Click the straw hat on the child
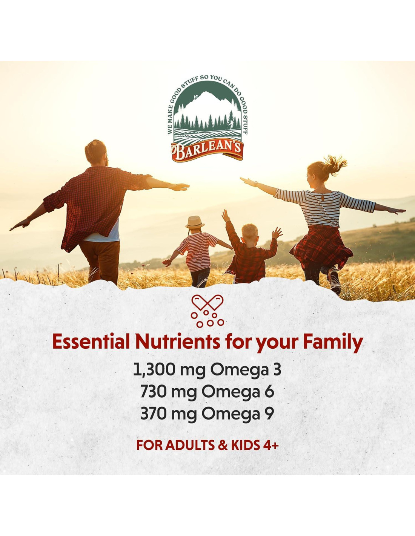195,222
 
